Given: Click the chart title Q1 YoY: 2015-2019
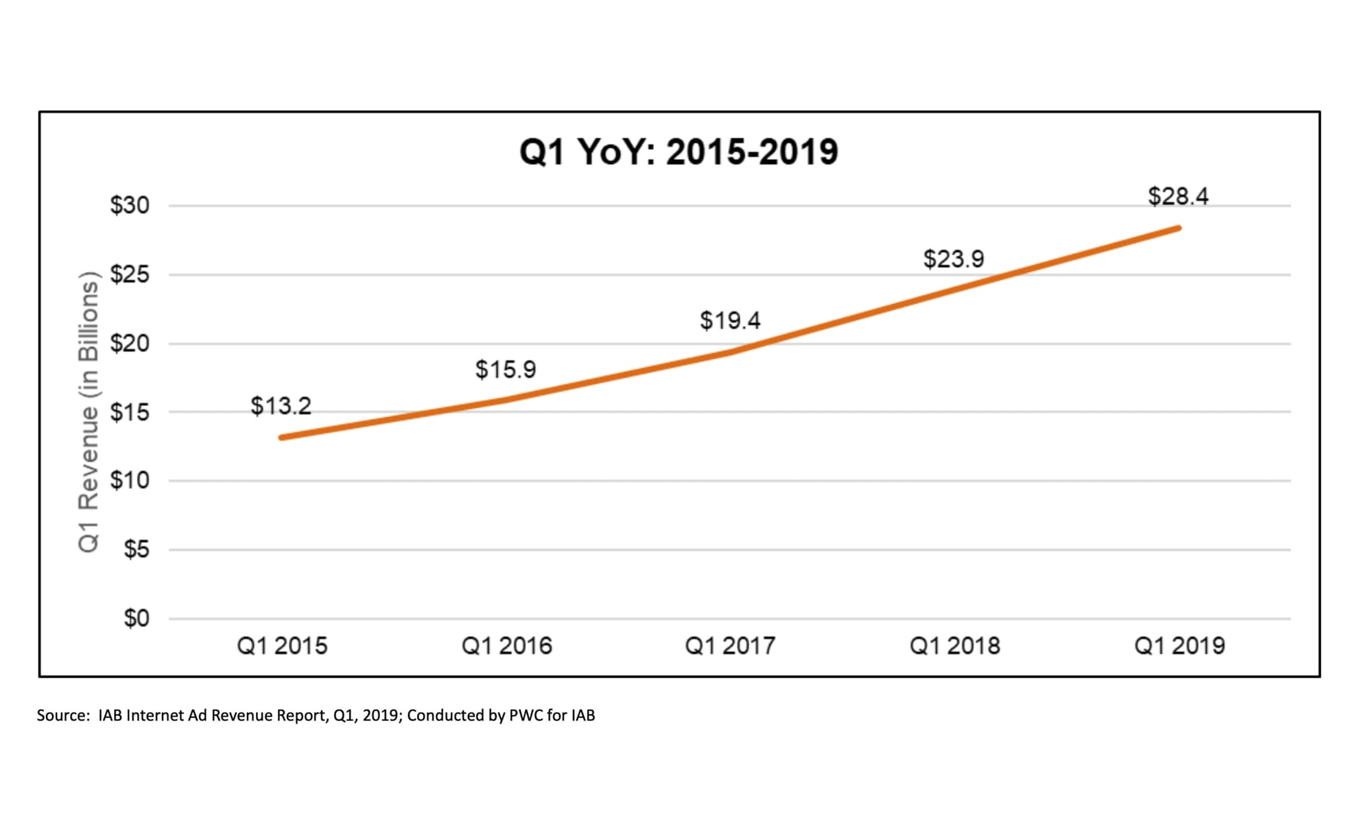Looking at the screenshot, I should click(x=678, y=152).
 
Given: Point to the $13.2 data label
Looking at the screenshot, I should click(x=281, y=406).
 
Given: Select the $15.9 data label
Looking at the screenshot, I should click(x=506, y=370).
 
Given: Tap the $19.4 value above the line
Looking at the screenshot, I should click(x=730, y=320).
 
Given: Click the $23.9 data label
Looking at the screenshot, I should click(x=954, y=259).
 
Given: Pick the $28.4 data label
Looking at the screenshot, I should click(x=1178, y=197).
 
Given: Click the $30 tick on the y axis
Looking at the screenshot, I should click(x=130, y=205).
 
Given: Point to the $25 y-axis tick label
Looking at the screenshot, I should click(x=130, y=274).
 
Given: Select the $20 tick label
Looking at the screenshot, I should click(x=130, y=343).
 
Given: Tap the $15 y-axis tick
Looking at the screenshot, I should click(x=130, y=412).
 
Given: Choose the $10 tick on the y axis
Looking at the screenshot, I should click(x=130, y=481).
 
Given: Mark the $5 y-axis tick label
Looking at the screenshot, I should click(x=136, y=549).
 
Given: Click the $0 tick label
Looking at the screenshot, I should click(x=136, y=619).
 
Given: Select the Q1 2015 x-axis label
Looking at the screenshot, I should click(x=282, y=646).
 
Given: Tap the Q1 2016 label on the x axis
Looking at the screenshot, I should click(x=506, y=646).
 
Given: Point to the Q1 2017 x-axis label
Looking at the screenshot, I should click(x=730, y=646).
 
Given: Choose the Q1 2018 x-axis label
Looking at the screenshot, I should click(x=954, y=646).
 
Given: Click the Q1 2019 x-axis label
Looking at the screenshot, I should click(x=1179, y=646).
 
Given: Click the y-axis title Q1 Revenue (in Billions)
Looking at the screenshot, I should click(x=88, y=412).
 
